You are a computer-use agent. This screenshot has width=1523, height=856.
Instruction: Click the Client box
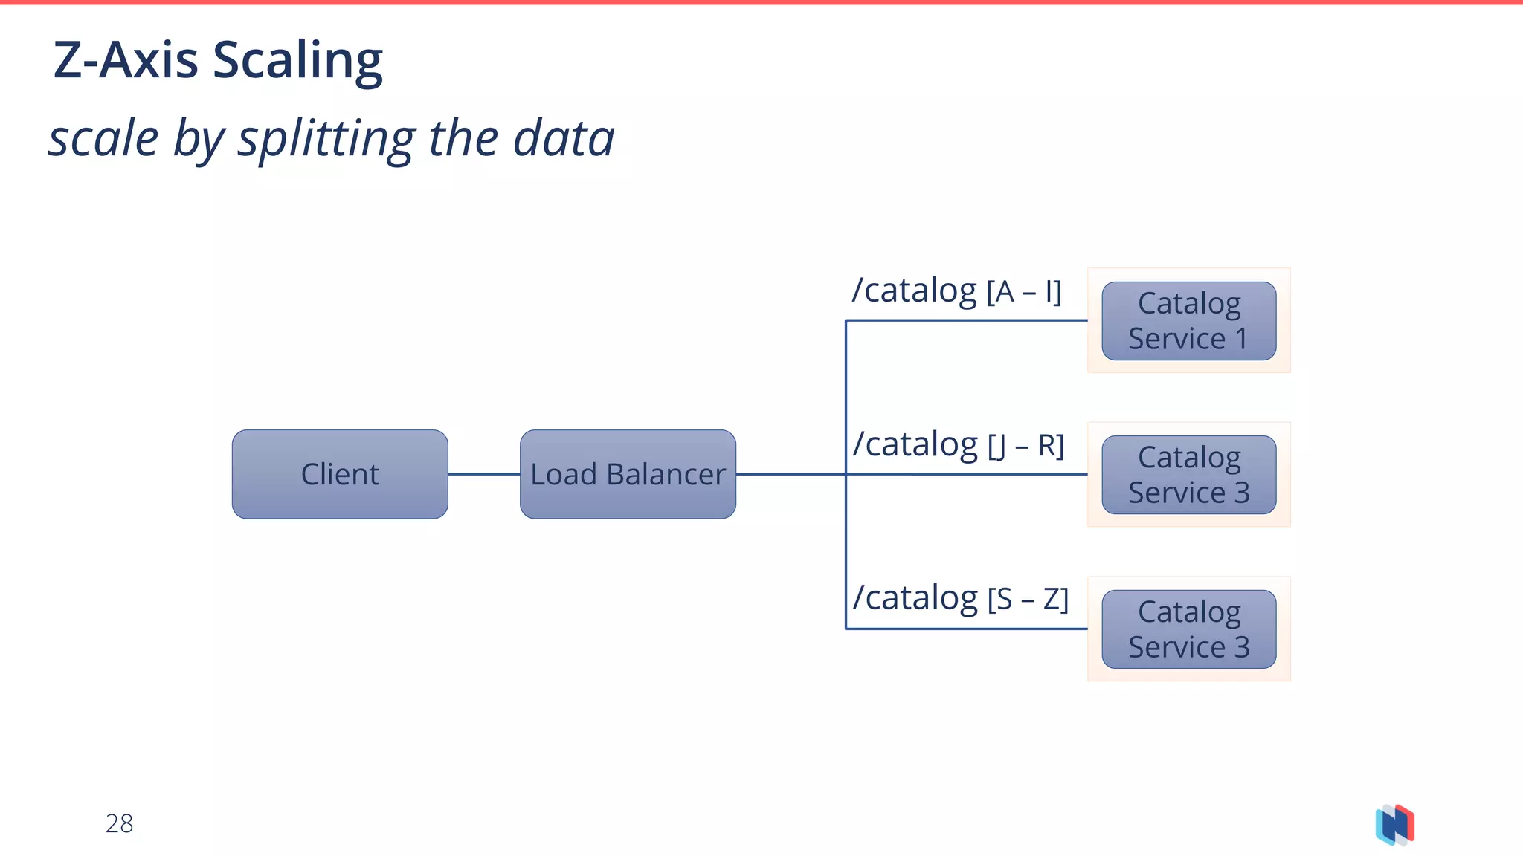coord(340,474)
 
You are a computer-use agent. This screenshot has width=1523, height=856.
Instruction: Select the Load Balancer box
coord(628,474)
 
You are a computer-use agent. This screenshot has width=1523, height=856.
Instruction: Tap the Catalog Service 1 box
coord(1188,321)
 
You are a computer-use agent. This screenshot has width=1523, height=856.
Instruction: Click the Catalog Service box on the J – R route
coord(1188,475)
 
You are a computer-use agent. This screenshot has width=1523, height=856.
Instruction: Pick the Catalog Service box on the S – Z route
coord(1188,629)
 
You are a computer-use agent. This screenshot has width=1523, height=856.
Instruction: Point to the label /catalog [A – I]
coord(956,291)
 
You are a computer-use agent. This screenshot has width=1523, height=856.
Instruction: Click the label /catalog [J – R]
coord(958,445)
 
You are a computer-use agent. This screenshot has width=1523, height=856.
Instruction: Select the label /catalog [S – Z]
coord(959,598)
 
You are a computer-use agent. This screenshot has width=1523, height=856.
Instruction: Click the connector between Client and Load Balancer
coord(483,474)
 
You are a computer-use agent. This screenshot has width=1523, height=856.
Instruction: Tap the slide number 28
coord(119,823)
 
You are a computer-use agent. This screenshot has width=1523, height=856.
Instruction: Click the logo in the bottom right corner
coord(1395,825)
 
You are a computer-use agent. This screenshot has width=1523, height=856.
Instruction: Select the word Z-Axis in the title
coord(126,59)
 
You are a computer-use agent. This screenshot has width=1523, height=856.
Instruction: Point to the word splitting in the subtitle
coord(325,140)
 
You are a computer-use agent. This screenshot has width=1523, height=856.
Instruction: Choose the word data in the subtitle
coord(564,138)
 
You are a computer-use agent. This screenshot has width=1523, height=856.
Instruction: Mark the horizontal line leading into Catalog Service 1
coord(967,320)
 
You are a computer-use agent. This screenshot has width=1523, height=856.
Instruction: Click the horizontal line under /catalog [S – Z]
coord(967,629)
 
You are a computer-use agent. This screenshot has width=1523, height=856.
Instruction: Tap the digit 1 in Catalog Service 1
coord(1240,339)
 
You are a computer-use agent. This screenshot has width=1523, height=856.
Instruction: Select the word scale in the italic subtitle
coord(103,140)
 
